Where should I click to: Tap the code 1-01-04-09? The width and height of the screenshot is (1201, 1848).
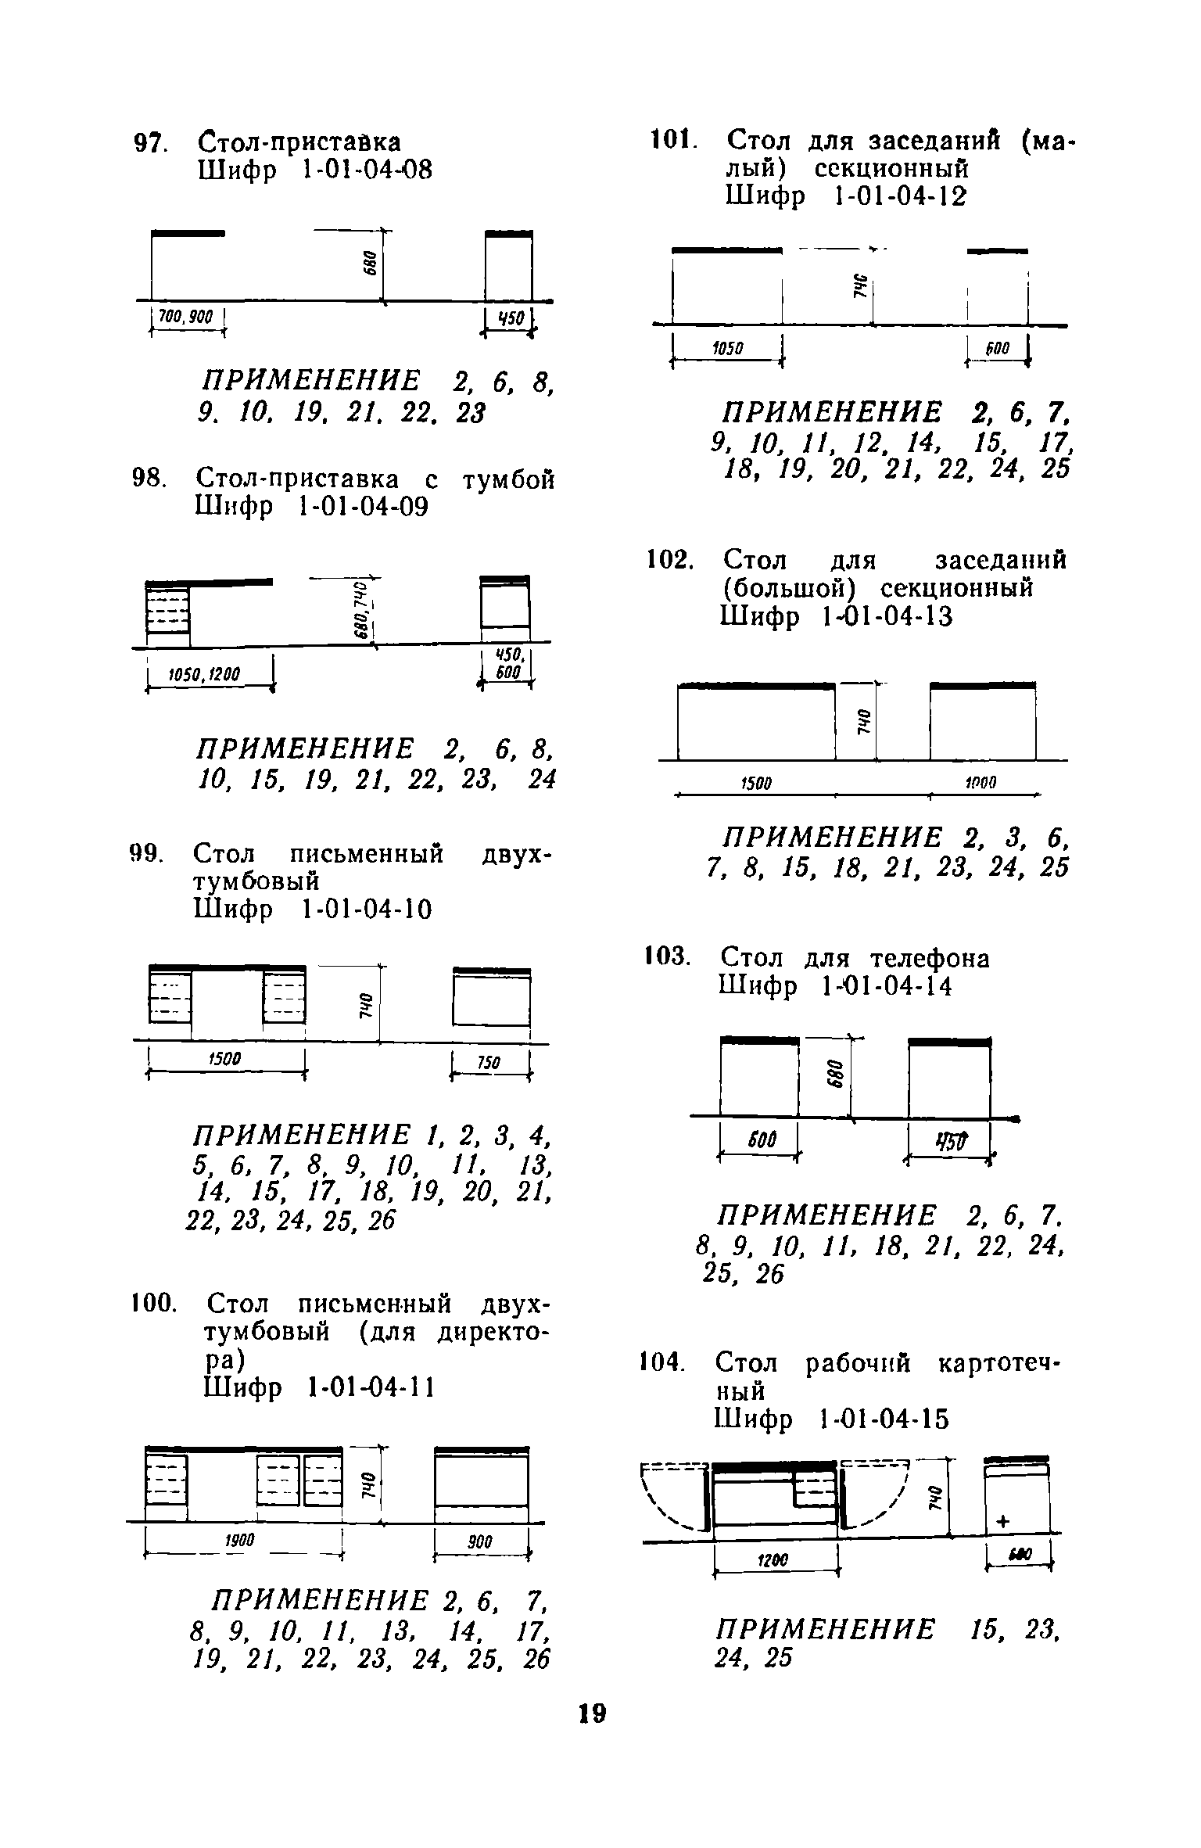coord(364,508)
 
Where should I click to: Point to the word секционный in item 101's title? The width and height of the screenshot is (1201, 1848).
coord(892,169)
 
